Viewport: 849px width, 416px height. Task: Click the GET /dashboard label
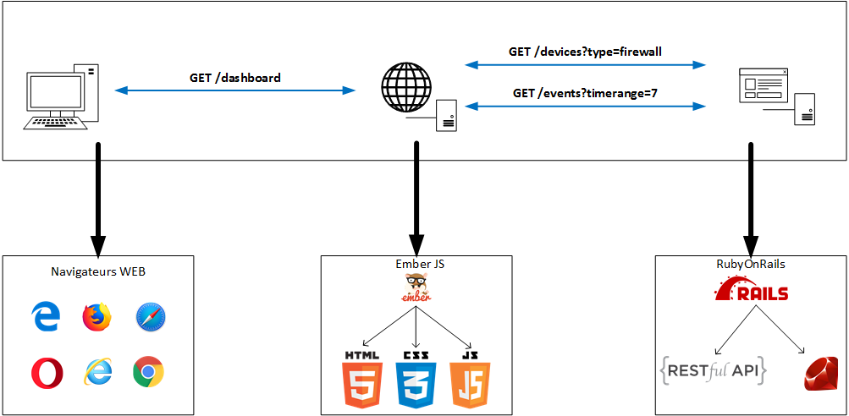point(234,78)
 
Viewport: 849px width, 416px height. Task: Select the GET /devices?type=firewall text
point(585,52)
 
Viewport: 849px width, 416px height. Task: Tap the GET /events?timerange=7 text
point(585,93)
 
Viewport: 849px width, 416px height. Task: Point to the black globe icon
point(405,86)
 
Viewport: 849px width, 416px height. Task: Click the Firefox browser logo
point(97,318)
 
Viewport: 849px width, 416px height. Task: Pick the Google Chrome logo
point(148,371)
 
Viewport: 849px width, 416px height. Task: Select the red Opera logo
point(46,371)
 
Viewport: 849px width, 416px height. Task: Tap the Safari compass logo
point(151,318)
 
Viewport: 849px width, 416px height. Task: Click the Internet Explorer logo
point(97,371)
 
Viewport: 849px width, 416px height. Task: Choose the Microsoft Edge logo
point(46,318)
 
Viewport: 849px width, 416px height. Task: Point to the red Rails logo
point(751,292)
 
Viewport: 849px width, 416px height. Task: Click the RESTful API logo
point(713,369)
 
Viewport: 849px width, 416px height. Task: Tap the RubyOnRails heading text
point(751,264)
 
